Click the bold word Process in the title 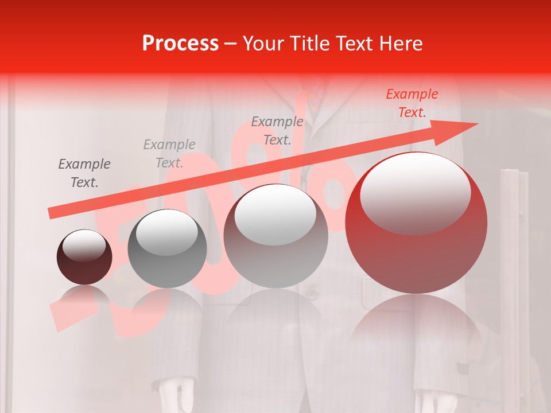click(180, 43)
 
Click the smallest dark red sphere click(84, 257)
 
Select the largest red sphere click(416, 223)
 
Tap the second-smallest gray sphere click(167, 248)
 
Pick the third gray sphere click(275, 235)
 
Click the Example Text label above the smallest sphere click(84, 173)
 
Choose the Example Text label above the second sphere click(169, 154)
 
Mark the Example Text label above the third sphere click(277, 131)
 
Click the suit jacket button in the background click(312, 294)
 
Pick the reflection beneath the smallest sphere click(84, 298)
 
